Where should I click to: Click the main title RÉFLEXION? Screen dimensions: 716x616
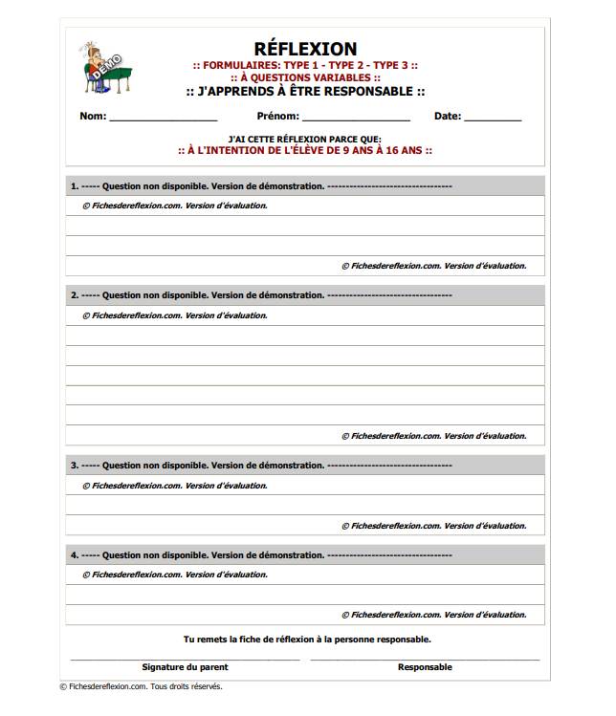coord(305,49)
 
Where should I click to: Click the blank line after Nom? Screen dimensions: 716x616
coord(163,119)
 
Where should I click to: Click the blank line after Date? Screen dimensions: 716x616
coord(494,119)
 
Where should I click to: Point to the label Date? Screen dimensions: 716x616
coord(448,117)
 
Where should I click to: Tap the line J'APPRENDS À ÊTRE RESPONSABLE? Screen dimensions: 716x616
coord(305,92)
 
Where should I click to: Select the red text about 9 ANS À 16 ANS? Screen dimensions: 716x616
coord(305,150)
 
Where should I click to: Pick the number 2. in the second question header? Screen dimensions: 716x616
coord(74,295)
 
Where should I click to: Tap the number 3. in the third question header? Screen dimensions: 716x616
coord(74,466)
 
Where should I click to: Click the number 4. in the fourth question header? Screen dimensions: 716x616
coord(74,554)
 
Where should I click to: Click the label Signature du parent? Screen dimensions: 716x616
coord(185,667)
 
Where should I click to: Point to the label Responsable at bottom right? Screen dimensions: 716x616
coord(425,667)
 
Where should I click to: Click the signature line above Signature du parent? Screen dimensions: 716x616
coord(185,659)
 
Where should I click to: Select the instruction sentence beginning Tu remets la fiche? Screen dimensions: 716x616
coord(306,639)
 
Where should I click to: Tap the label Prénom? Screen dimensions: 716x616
coord(278,117)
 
